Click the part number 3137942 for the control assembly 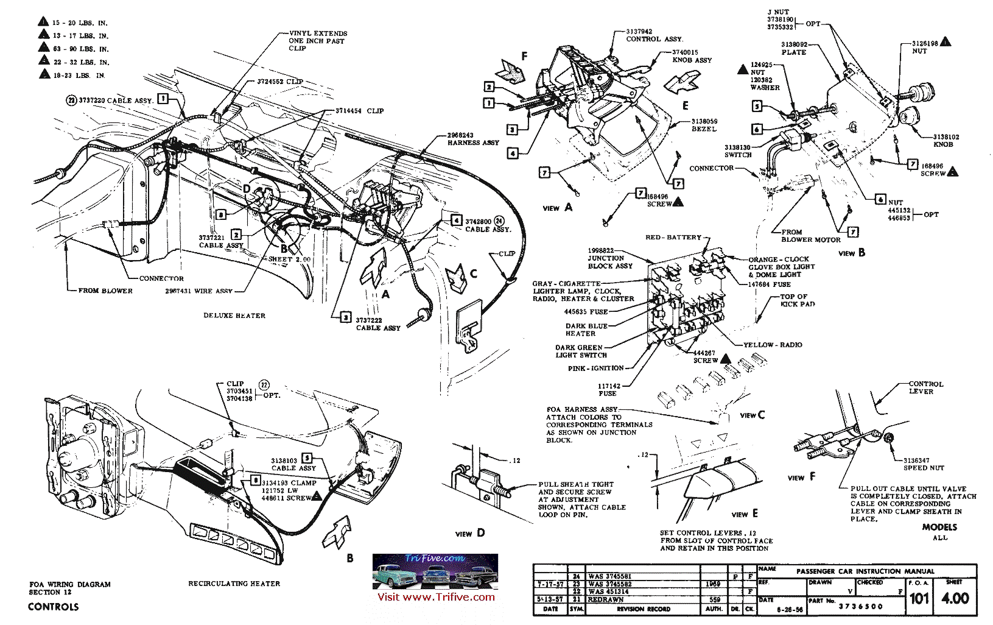pos(639,32)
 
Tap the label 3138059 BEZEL pos(704,125)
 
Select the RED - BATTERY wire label pos(673,237)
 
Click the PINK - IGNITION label pos(595,368)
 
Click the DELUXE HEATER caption pos(234,316)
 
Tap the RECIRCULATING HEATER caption pos(234,584)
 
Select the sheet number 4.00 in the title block pos(955,598)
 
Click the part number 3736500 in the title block pos(860,607)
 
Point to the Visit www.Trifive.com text pos(436,597)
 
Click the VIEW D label pos(470,534)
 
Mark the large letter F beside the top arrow pos(524,57)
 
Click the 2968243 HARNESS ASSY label pos(472,139)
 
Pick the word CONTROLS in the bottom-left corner pos(54,607)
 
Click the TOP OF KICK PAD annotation pos(797,300)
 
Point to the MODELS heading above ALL pos(939,527)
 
